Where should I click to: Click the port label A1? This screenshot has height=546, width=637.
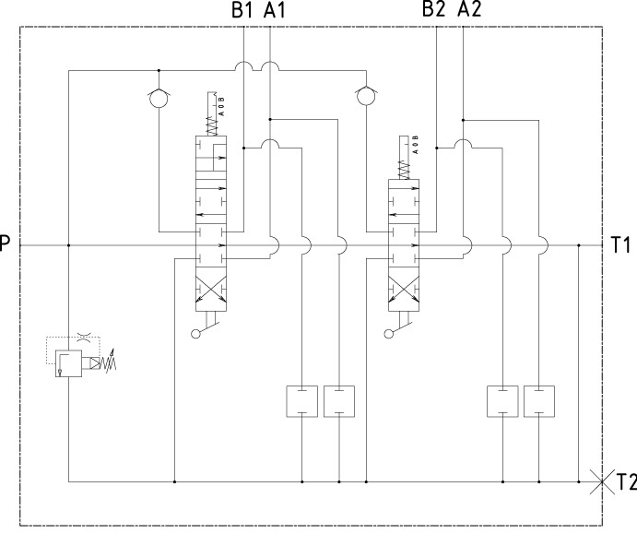click(x=275, y=10)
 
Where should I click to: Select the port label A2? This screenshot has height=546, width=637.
click(x=468, y=10)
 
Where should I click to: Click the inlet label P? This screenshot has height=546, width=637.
click(x=6, y=245)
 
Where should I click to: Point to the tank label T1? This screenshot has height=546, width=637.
click(x=620, y=245)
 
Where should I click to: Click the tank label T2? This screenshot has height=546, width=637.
click(x=626, y=481)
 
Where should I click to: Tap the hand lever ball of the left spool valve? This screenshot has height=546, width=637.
click(x=195, y=333)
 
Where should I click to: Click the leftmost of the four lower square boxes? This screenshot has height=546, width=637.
click(x=302, y=401)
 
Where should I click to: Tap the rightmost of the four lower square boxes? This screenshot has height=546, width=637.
click(x=539, y=401)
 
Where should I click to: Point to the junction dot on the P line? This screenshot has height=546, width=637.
click(x=69, y=245)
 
